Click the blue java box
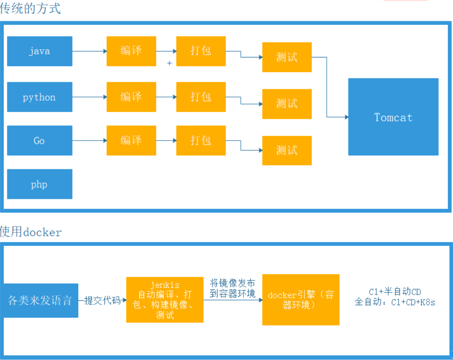coord(40,51)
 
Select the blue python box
coord(40,97)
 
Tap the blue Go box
coord(40,141)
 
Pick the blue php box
coord(40,184)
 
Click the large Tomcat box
coord(393,117)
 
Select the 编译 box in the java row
coord(131,51)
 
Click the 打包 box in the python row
coord(201,97)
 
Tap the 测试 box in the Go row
coord(287,151)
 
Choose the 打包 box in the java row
coord(201,51)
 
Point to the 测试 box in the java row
coord(287,57)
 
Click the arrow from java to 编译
coord(89,51)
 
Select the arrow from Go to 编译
coord(89,141)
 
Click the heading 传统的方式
coord(30,9)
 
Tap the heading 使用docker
coord(31,232)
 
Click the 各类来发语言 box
coord(40,300)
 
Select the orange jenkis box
coord(165,299)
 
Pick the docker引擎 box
coord(301,299)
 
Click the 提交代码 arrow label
coord(102,300)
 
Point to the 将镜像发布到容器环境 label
coord(233,288)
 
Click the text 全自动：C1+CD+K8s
coord(395,302)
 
